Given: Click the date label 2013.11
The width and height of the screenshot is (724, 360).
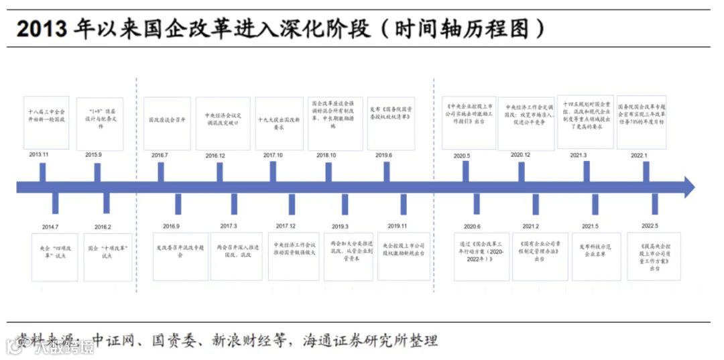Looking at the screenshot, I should pyautogui.click(x=39, y=155).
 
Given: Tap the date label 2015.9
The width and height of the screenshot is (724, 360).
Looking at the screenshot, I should pyautogui.click(x=93, y=155).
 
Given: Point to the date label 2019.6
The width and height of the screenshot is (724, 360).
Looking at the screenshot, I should pyautogui.click(x=383, y=156).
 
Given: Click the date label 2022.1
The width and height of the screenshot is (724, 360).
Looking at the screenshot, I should pyautogui.click(x=640, y=155).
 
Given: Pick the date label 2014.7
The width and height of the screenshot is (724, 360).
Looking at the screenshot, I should pyautogui.click(x=50, y=227).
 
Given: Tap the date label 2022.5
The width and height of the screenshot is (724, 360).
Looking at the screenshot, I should pyautogui.click(x=649, y=226).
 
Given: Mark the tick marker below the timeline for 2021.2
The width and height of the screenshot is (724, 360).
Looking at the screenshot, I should pyautogui.click(x=536, y=204).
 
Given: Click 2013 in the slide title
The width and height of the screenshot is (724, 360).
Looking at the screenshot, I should pyautogui.click(x=42, y=29).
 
